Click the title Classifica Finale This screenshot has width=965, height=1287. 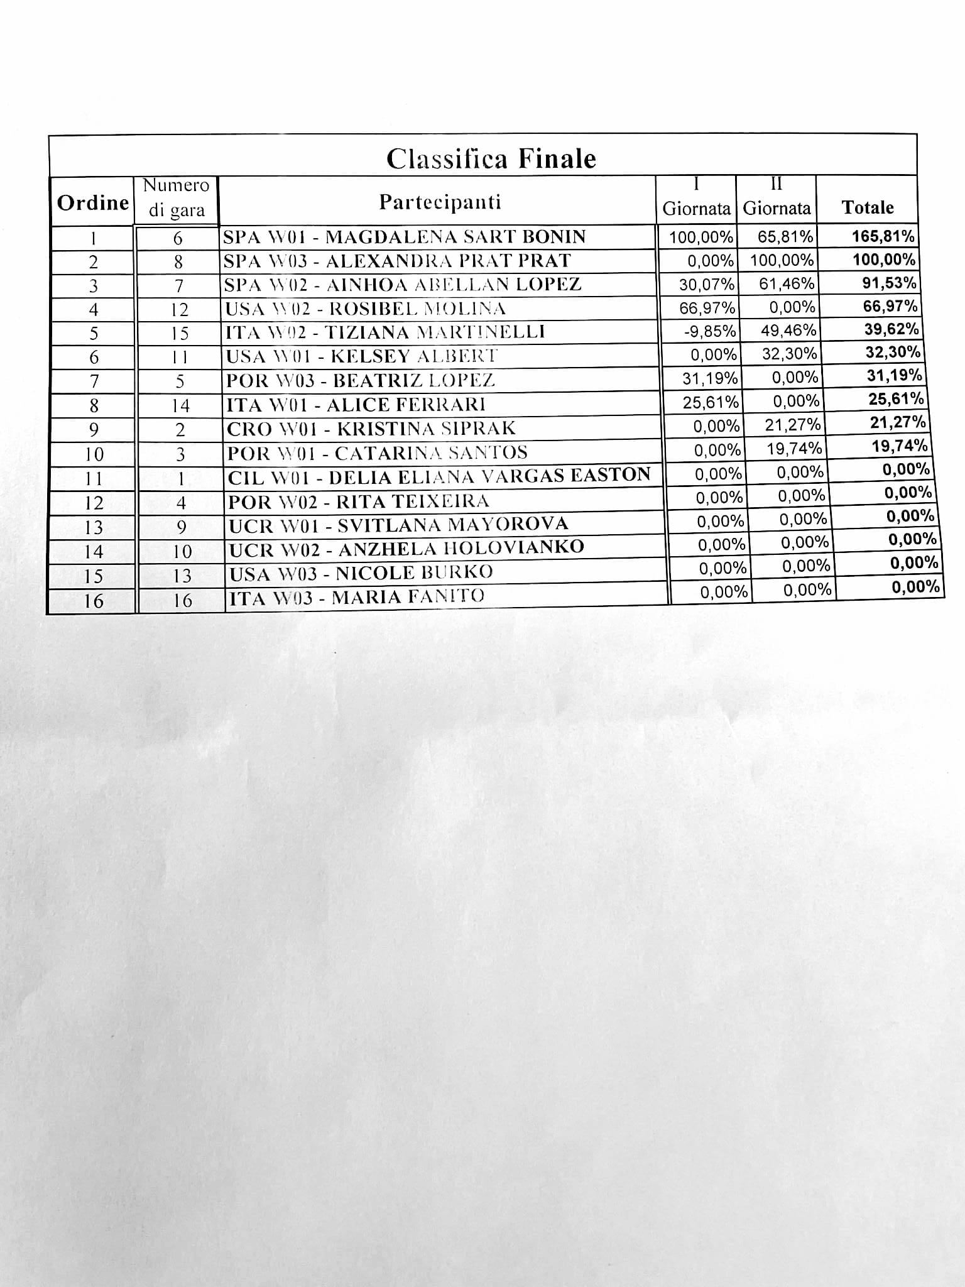pyautogui.click(x=491, y=158)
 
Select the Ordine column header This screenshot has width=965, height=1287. pyautogui.click(x=93, y=202)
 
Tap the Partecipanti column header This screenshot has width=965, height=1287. pyautogui.click(x=440, y=202)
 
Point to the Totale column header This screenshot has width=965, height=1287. pyautogui.click(x=868, y=207)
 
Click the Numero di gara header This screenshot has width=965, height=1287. pyautogui.click(x=177, y=197)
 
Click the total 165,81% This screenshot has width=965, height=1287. pyautogui.click(x=883, y=236)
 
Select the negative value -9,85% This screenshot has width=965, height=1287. pyautogui.click(x=709, y=331)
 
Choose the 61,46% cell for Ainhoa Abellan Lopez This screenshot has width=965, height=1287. pyautogui.click(x=787, y=283)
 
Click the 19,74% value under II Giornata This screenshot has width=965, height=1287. pyautogui.click(x=794, y=448)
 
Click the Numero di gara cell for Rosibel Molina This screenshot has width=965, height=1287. pyautogui.click(x=180, y=309)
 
